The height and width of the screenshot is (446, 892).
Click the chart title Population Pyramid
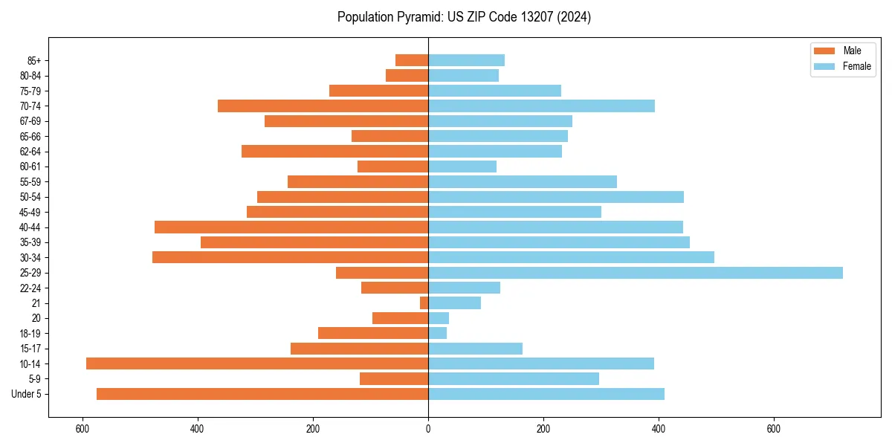(x=464, y=17)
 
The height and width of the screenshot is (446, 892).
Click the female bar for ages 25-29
(x=636, y=273)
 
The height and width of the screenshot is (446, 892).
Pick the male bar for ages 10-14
(x=257, y=363)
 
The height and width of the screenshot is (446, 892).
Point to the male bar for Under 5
(x=262, y=394)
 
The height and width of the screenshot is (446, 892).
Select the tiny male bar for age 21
(x=424, y=303)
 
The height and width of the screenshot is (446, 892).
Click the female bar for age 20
(x=439, y=318)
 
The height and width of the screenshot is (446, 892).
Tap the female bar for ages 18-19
(x=437, y=333)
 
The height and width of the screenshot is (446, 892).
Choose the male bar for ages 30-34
(x=290, y=257)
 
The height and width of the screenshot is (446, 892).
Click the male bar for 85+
(x=412, y=60)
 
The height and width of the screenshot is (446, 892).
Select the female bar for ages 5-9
(x=514, y=379)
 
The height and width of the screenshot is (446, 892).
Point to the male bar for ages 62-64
(x=334, y=151)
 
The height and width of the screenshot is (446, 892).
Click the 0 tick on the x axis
(x=428, y=430)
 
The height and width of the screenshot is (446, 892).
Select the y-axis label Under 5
(x=27, y=394)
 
